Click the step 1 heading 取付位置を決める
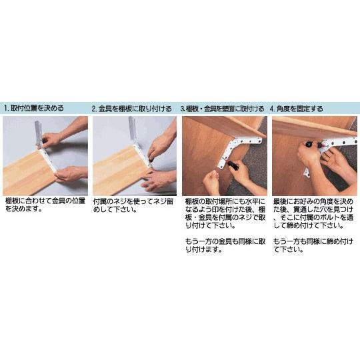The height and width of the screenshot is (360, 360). [37, 108]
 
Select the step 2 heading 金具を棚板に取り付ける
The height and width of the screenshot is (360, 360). [135, 109]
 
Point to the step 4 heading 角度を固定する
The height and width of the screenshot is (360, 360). [299, 109]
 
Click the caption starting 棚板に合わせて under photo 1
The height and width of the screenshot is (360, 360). [45, 205]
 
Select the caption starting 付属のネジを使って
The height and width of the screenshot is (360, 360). [133, 205]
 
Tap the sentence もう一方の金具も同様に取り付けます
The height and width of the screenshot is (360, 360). [225, 245]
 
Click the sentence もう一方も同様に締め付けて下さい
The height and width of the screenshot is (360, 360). [313, 245]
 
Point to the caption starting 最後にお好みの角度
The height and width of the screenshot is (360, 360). [313, 213]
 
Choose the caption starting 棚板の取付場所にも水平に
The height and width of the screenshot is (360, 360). [225, 213]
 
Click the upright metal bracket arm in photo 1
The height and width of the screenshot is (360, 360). [38, 133]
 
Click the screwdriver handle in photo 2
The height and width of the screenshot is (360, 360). [151, 159]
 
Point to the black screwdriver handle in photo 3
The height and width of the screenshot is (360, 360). [233, 165]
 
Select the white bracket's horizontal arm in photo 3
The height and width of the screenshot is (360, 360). [248, 140]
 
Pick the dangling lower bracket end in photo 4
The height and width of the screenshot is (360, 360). [307, 173]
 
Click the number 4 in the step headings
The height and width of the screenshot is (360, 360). [272, 109]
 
